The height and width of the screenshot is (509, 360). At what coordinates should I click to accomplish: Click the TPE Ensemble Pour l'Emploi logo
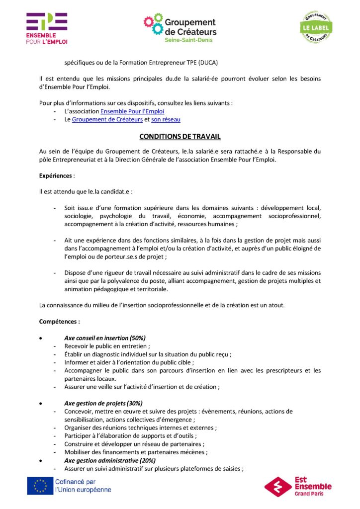(x=47, y=28)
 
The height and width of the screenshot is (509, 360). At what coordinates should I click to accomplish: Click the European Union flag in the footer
(x=40, y=486)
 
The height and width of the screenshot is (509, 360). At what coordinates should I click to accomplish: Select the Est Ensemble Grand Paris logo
(x=298, y=486)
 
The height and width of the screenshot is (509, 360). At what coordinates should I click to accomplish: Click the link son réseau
(x=166, y=119)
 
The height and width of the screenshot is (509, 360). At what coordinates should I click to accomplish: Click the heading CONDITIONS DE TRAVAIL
(x=180, y=136)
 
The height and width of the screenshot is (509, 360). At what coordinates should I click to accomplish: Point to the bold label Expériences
(x=56, y=175)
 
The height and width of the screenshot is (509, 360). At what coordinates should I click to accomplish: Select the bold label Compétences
(x=59, y=322)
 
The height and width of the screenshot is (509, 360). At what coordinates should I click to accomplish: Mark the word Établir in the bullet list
(x=75, y=354)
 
